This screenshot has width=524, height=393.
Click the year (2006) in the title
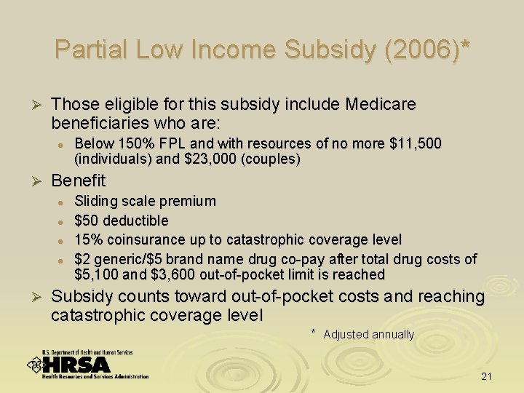click(420, 49)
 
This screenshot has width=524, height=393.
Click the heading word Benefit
click(79, 180)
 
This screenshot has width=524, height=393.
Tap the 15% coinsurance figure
click(88, 240)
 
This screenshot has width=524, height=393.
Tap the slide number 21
click(487, 376)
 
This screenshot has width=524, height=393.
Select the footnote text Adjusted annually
click(368, 335)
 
